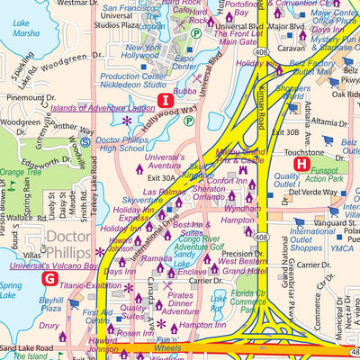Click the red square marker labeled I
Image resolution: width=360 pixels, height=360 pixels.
pyautogui.click(x=165, y=100)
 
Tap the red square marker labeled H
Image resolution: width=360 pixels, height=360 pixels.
pyautogui.click(x=301, y=163)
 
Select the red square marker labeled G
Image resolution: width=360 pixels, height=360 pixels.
pyautogui.click(x=48, y=278)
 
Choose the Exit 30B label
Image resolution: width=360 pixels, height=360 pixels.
pyautogui.click(x=284, y=132)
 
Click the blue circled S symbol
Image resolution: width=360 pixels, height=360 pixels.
pyautogui.click(x=85, y=141)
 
